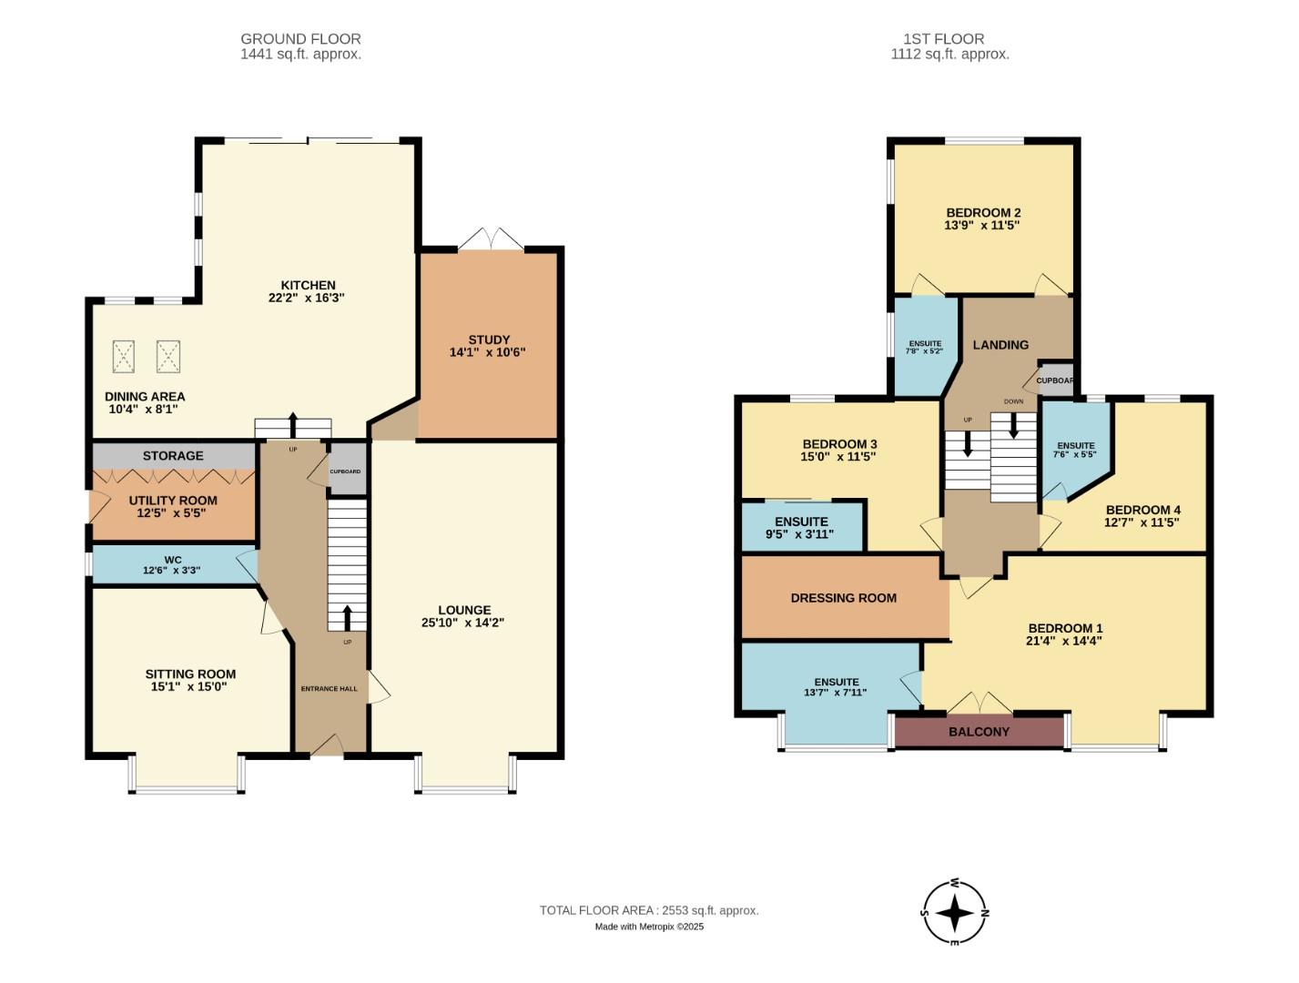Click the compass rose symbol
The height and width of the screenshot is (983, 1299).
[954, 912]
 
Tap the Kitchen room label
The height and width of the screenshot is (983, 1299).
[308, 285]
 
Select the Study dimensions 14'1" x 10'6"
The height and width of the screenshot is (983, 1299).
[488, 352]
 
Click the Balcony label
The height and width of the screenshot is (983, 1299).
[979, 732]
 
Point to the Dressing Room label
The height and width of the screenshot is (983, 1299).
[843, 598]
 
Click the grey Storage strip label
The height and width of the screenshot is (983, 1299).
[173, 455]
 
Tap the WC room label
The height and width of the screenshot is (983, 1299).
[172, 560]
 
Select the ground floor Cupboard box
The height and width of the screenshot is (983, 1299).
[345, 471]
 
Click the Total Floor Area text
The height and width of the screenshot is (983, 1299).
[648, 910]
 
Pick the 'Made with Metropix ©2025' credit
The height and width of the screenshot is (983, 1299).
[649, 927]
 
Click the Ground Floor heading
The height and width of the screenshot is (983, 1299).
[300, 39]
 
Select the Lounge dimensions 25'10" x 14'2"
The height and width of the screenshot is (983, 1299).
[462, 623]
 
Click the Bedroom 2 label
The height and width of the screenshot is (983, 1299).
[982, 213]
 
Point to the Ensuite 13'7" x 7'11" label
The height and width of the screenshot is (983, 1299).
[836, 687]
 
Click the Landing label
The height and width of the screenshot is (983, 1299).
[1000, 345]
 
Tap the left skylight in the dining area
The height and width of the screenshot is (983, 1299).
[124, 356]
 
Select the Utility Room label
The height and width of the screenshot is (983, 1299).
[173, 501]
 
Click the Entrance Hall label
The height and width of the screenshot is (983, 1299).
[329, 688]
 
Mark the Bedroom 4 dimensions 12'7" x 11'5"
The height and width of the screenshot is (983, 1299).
[1142, 522]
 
